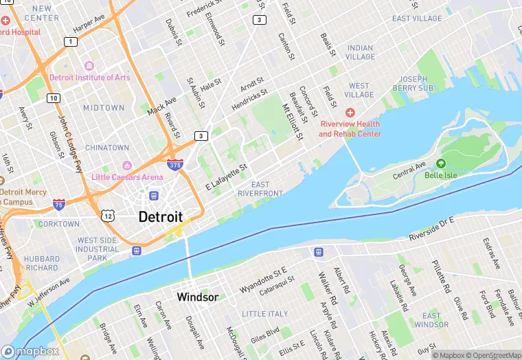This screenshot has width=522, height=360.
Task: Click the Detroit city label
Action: (160, 216)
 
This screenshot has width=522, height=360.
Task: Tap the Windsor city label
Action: (197, 297)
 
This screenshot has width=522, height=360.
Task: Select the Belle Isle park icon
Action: (440, 163)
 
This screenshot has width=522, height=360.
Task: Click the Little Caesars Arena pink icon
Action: (126, 166)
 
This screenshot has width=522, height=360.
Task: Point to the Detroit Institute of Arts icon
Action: (89, 66)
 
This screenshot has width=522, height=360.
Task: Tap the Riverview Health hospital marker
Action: (350, 112)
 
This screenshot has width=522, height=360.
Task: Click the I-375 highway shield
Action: (174, 165)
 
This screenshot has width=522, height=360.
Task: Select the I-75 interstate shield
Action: (60, 205)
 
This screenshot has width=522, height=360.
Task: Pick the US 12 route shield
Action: (108, 216)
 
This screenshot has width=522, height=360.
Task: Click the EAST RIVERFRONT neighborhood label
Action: (260, 189)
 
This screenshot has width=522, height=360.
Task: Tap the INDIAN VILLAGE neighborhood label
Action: (360, 53)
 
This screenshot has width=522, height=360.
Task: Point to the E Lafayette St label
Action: (226, 177)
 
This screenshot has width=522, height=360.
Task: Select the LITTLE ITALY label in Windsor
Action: (265, 314)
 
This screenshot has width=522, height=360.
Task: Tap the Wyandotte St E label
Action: (262, 281)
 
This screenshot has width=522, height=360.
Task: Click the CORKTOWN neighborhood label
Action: (59, 224)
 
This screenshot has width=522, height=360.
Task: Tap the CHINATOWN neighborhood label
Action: (106, 148)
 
